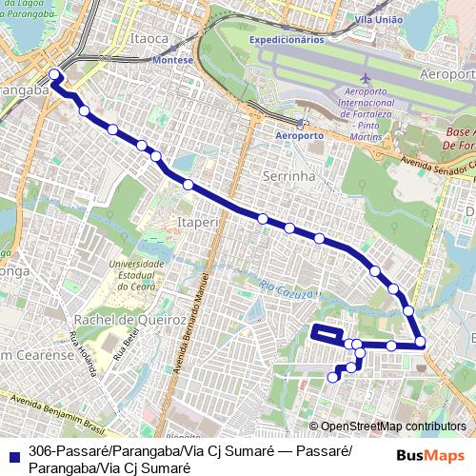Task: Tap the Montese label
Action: click(x=173, y=59)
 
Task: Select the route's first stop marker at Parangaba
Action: click(x=54, y=74)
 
